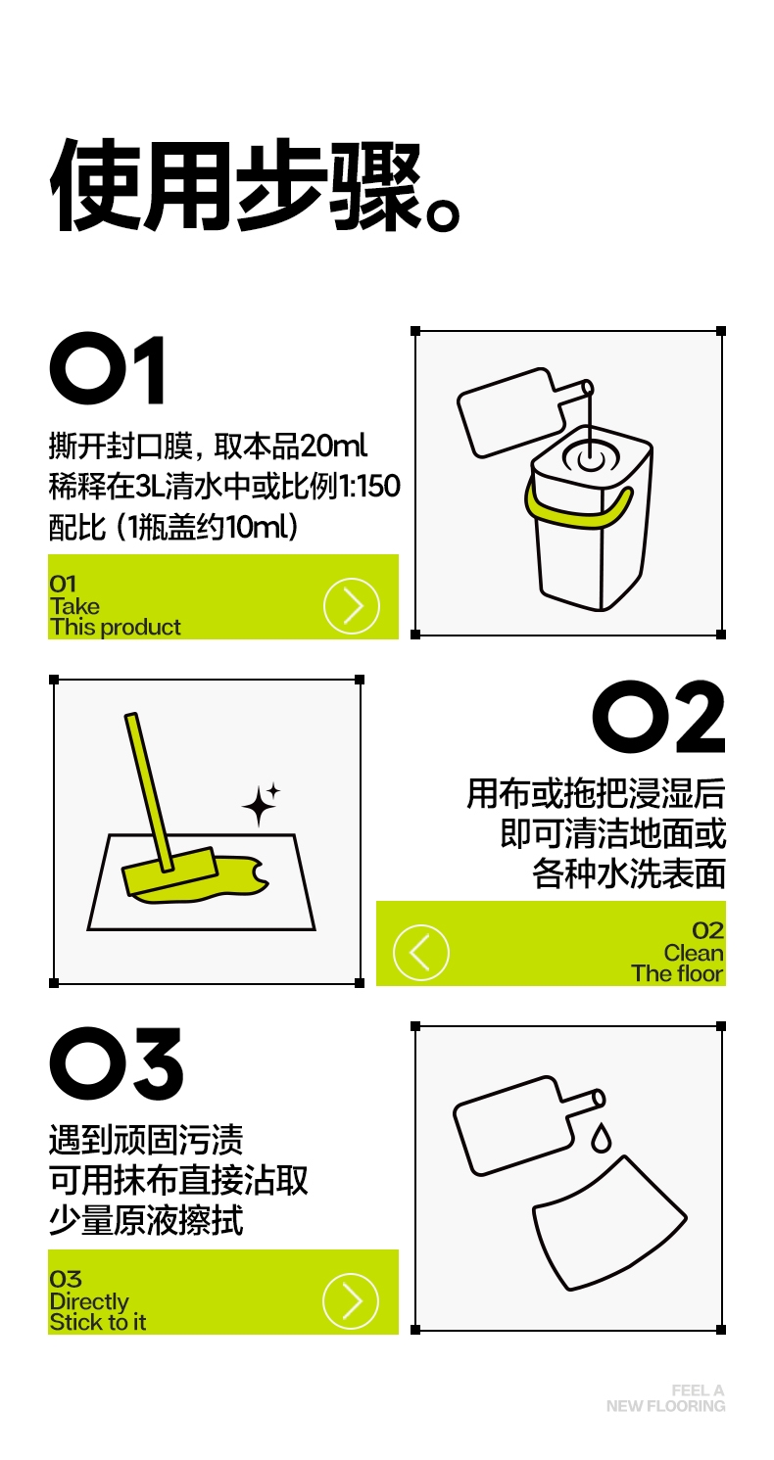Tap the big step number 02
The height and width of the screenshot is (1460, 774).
click(x=658, y=716)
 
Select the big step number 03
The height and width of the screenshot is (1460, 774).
click(x=116, y=1063)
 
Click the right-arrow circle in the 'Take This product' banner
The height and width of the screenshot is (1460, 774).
click(x=352, y=605)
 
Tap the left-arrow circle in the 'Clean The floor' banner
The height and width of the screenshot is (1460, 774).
click(x=421, y=952)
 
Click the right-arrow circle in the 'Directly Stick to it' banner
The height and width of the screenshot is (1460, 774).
click(x=351, y=1301)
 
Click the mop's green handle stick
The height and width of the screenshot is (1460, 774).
click(x=149, y=792)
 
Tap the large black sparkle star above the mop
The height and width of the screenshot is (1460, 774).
click(x=259, y=806)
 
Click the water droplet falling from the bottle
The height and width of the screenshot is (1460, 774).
click(x=602, y=1137)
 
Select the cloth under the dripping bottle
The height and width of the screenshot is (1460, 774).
click(x=609, y=1223)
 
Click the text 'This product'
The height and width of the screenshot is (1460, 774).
click(x=116, y=627)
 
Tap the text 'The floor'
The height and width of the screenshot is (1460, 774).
click(x=677, y=973)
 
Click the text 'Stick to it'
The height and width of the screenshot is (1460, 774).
click(x=98, y=1323)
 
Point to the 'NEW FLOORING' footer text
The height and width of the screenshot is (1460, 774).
click(x=666, y=1406)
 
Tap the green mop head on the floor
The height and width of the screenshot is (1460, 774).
click(x=170, y=871)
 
